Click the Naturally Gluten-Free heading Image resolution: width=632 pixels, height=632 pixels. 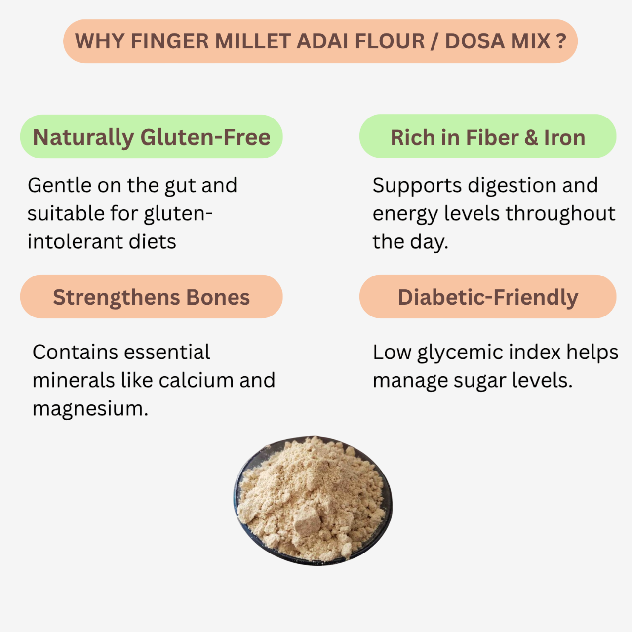152,137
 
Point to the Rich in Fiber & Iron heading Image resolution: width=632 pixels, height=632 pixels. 488,138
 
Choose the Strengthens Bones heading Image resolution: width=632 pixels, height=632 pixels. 152,297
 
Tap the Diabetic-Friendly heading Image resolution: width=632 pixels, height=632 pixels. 488,297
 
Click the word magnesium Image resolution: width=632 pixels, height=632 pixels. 90,409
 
